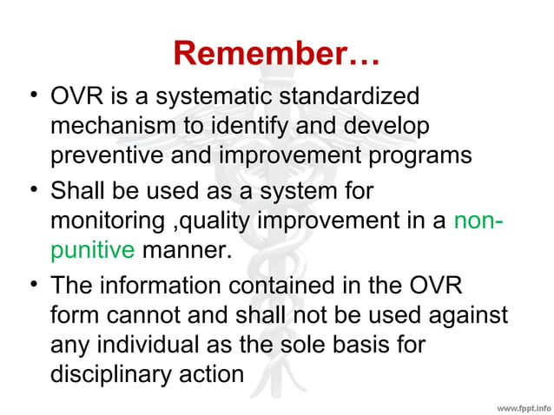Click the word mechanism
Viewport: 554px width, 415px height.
113,126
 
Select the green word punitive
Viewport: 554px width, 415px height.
92,251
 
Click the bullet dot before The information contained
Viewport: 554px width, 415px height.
32,283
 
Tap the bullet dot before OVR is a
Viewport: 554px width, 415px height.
32,96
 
